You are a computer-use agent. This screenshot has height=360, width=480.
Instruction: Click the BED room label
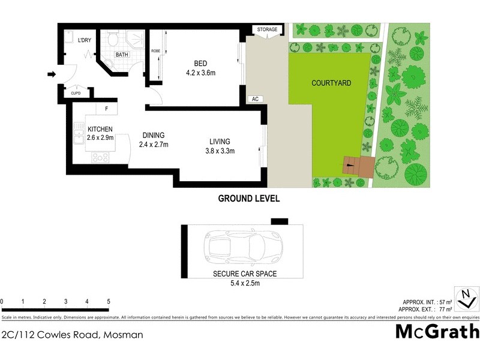200,64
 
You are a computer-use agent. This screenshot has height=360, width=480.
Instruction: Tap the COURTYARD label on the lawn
331,83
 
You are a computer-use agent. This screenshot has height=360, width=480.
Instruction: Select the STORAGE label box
268,29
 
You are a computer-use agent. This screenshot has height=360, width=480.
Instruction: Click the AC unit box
255,99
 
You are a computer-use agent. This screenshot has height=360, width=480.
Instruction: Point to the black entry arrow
52,75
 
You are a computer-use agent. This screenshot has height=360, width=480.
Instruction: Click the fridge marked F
106,109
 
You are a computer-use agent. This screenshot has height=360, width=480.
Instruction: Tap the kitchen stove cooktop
100,158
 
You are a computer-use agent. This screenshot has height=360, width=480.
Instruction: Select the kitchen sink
79,133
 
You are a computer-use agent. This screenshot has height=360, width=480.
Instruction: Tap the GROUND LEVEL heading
248,198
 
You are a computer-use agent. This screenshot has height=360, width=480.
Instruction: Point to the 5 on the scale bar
109,301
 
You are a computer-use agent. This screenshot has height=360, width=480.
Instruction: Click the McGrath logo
437,331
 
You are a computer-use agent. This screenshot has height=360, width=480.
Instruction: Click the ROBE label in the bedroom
154,51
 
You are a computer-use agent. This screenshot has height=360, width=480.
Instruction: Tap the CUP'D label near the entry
76,93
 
